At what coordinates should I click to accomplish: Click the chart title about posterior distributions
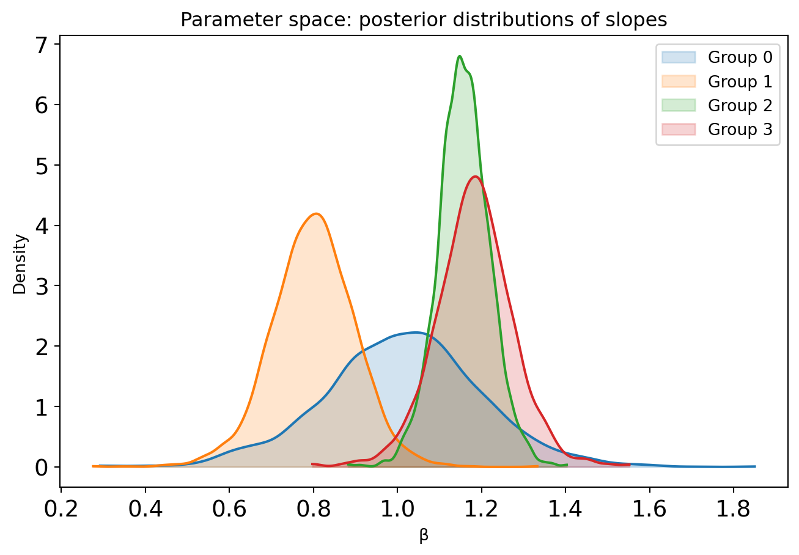point(424,20)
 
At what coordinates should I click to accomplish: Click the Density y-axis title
point(20,264)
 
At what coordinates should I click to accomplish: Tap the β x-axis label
point(424,535)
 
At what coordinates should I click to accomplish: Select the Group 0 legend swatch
point(679,57)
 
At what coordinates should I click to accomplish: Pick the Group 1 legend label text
point(740,82)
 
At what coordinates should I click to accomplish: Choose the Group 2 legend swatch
point(679,105)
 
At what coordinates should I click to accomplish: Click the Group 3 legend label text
point(740,130)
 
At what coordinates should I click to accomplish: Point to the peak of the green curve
point(460,56)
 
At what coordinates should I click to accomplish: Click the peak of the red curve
point(475,176)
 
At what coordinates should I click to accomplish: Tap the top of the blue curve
point(415,333)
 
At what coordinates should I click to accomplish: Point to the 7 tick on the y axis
point(57,44)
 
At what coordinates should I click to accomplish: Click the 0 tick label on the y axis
point(42,468)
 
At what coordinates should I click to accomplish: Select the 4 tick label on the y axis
point(42,226)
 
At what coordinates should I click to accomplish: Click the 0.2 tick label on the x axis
point(61,509)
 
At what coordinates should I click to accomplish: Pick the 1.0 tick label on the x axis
point(397,509)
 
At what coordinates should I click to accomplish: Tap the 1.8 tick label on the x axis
point(734,509)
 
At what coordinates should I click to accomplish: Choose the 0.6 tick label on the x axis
point(229,509)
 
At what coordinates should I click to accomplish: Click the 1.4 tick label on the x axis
point(565,509)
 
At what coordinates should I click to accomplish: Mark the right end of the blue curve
point(755,466)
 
